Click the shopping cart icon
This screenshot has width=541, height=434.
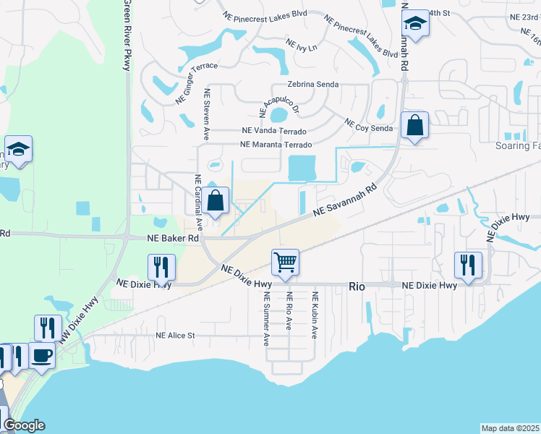tap(286, 263)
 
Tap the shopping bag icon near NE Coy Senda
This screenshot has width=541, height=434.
tap(416, 125)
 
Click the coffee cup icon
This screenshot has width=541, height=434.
tap(42, 356)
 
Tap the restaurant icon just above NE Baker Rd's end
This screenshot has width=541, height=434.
tap(161, 267)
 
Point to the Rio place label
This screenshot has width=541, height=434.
tap(357, 286)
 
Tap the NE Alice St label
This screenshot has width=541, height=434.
tap(176, 336)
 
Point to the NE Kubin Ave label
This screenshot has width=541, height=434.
tap(315, 315)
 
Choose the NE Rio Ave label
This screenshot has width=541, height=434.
tap(289, 315)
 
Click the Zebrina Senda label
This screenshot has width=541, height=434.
tap(313, 85)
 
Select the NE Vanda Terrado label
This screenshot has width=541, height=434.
tap(273, 132)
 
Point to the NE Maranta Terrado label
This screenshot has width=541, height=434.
tap(276, 145)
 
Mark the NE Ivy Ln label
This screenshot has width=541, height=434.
tap(302, 45)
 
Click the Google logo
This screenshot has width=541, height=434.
tap(24, 425)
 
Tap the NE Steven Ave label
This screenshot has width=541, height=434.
tap(207, 114)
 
